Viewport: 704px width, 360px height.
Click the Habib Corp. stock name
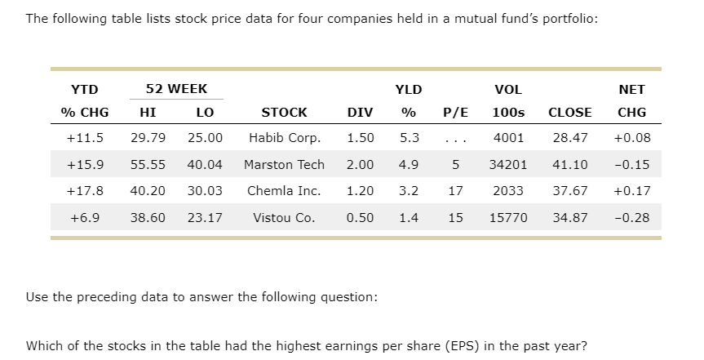[285, 137]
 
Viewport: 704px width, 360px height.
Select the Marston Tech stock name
[284, 164]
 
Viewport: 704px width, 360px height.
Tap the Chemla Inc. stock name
[284, 191]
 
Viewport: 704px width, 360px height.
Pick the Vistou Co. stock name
[284, 218]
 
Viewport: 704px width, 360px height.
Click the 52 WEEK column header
[176, 89]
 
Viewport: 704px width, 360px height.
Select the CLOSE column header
[569, 112]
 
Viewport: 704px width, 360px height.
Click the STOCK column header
[284, 112]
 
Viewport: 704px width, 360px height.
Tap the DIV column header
[361, 112]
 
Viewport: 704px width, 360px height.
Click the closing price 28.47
[569, 137]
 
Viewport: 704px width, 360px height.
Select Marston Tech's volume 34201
[508, 164]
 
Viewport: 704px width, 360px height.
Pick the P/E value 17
[455, 191]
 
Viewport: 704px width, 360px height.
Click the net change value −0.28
[632, 218]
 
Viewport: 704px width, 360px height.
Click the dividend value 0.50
[361, 218]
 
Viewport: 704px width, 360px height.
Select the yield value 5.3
[410, 137]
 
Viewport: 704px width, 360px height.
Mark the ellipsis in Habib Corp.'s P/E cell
[455, 139]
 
